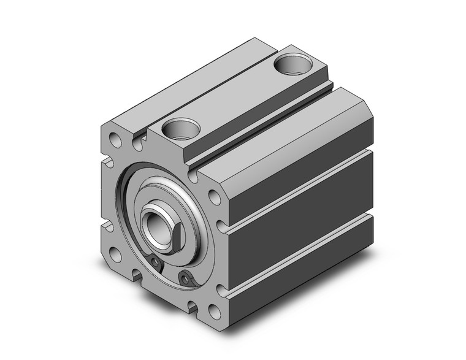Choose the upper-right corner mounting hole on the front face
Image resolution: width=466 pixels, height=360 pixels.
coord(214,197)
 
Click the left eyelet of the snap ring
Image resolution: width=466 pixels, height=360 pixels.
coord(157,262)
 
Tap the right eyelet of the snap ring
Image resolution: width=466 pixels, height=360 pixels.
coord(186,280)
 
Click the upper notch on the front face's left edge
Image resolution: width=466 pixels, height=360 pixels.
coord(107,163)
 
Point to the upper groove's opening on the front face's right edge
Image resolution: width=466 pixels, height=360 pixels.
coord(223,231)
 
